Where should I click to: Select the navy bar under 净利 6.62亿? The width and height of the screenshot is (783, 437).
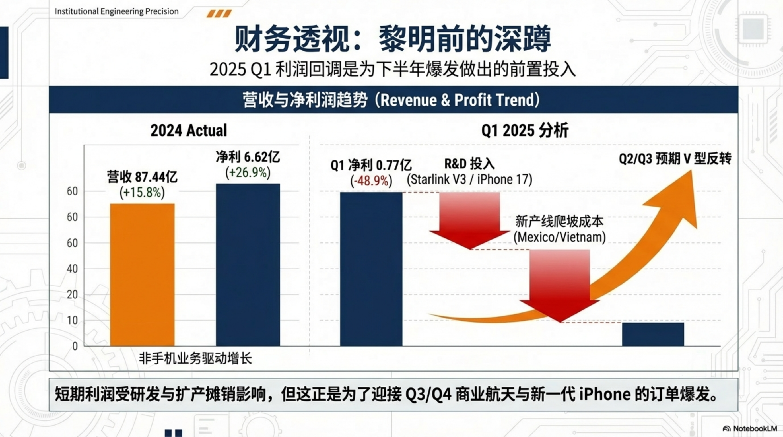click(248, 264)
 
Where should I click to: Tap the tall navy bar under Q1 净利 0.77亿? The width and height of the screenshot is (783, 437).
click(371, 269)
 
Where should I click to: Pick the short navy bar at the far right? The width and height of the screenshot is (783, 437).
click(653, 334)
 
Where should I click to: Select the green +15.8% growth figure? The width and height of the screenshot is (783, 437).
click(142, 193)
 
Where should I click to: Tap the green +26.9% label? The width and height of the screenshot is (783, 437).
click(248, 173)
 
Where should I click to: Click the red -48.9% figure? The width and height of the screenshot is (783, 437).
click(371, 181)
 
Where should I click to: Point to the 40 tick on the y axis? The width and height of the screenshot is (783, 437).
click(72, 269)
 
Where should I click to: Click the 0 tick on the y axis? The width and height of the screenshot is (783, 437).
click(75, 346)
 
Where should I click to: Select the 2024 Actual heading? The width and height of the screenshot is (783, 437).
click(188, 130)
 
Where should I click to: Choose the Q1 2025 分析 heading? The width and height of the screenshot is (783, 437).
click(525, 131)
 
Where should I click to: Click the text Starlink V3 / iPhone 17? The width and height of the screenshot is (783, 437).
click(470, 179)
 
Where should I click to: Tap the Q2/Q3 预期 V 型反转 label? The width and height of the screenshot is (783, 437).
click(675, 159)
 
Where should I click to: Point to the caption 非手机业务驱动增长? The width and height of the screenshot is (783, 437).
click(195, 358)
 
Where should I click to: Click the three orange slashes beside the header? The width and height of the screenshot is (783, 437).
click(219, 14)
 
